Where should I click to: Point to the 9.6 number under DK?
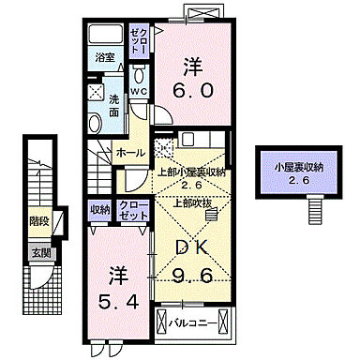(193, 277)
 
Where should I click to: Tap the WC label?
(139, 92)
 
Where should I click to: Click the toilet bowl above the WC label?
(139, 75)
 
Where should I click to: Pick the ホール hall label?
(131, 152)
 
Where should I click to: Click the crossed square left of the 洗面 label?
(96, 93)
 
